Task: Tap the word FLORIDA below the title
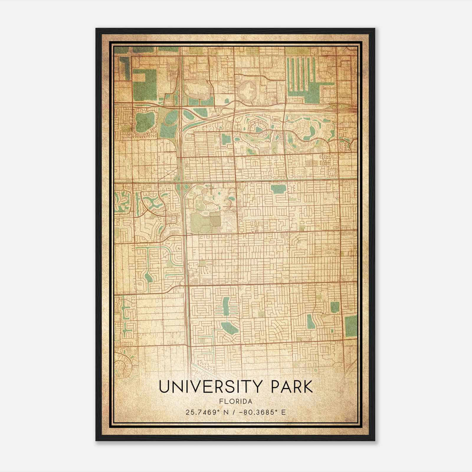point(236,401)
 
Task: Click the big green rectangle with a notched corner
point(144,80)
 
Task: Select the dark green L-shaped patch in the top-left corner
point(125,68)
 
